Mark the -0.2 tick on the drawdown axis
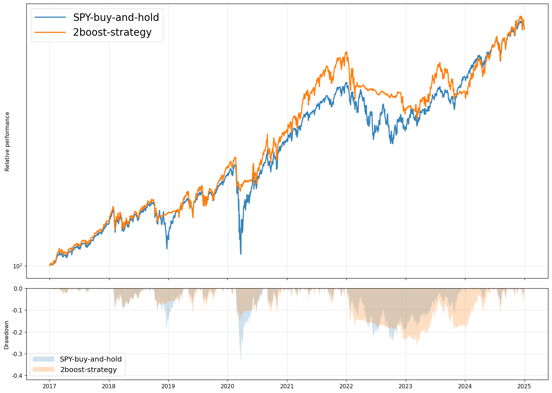click(x=17, y=332)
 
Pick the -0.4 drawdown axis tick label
click(x=17, y=376)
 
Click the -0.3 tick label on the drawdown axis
click(x=17, y=354)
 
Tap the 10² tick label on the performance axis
click(x=18, y=266)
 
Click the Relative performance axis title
click(x=7, y=141)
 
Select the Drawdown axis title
click(x=6, y=334)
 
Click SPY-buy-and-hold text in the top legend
click(x=116, y=17)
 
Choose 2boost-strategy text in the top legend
click(x=112, y=32)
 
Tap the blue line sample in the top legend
click(x=50, y=17)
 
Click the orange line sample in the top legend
click(x=50, y=32)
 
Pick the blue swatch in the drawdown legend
click(x=43, y=359)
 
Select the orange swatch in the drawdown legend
click(x=43, y=370)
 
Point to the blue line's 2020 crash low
click(x=241, y=254)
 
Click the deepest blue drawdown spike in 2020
click(x=241, y=360)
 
